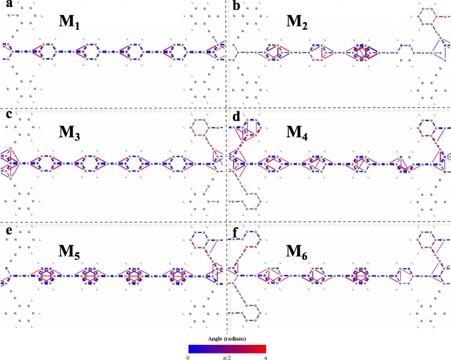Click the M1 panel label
click(70, 23)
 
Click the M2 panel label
click(298, 22)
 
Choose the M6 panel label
click(298, 251)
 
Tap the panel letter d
click(236, 116)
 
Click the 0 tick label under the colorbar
click(188, 356)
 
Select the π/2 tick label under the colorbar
click(226, 356)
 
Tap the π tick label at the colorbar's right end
click(265, 356)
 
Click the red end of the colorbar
click(263, 347)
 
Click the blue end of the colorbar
click(191, 347)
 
